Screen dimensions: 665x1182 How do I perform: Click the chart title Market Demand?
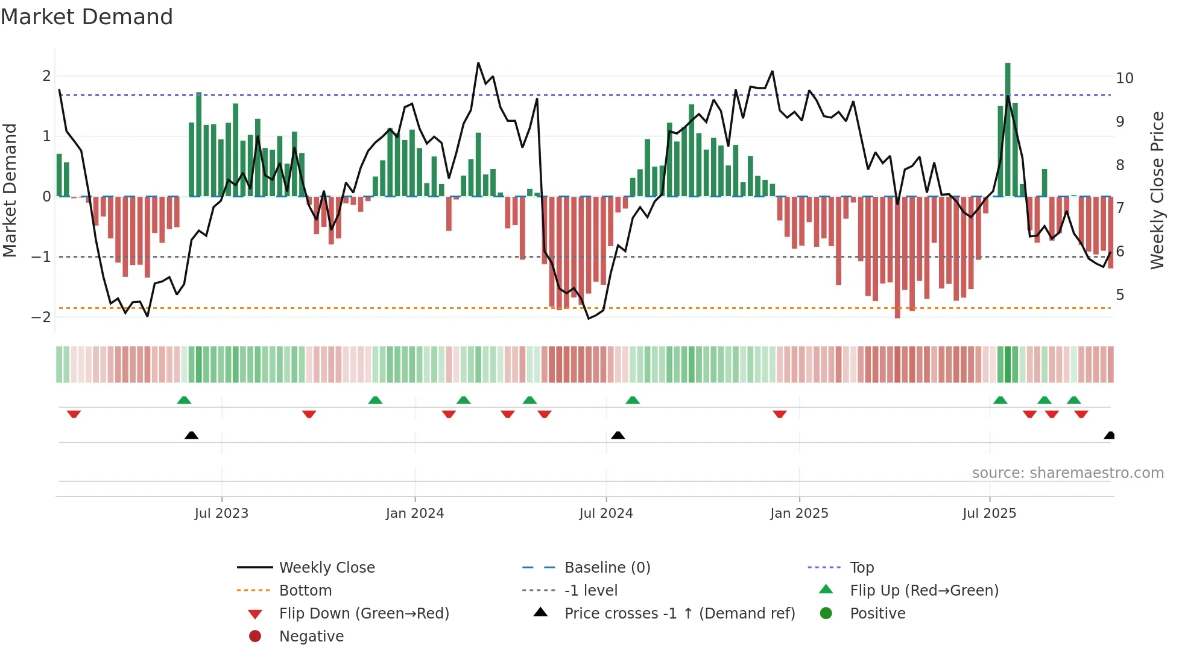[87, 17]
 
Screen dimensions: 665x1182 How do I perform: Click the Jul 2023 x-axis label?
[221, 514]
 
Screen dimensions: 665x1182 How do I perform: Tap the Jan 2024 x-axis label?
[415, 514]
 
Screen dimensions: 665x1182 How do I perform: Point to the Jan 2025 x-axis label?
[799, 514]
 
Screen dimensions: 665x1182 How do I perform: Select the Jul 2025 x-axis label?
[989, 514]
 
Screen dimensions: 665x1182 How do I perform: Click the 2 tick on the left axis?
[46, 76]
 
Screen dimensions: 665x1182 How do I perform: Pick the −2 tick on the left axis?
[42, 317]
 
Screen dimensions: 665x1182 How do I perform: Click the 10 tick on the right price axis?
[1124, 78]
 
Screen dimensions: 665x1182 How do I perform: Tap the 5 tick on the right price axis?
[1120, 295]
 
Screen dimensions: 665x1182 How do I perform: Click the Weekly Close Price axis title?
[1157, 190]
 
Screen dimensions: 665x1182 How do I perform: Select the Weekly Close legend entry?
[326, 568]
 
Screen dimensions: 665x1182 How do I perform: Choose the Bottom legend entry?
[305, 591]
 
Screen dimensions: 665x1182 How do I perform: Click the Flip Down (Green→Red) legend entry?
[364, 614]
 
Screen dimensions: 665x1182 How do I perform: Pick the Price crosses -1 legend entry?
[679, 614]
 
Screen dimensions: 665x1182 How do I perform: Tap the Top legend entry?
[862, 568]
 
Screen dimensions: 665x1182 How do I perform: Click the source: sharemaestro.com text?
[1067, 473]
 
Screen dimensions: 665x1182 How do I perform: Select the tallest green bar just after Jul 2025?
[1008, 129]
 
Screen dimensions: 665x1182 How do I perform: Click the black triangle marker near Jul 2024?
[618, 435]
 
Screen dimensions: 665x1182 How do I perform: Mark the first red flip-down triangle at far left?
[74, 414]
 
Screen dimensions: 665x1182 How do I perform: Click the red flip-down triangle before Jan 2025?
[779, 414]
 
